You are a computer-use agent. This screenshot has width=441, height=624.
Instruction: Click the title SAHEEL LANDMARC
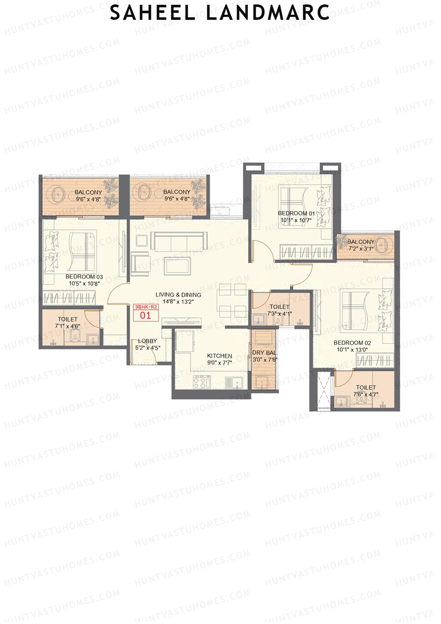click(220, 13)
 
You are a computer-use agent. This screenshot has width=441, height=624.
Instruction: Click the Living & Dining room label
click(178, 295)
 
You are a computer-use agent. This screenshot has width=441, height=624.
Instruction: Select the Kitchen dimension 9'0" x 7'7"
click(219, 363)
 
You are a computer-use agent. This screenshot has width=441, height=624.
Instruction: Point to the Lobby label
click(147, 341)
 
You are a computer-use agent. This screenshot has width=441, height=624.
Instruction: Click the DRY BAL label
click(264, 353)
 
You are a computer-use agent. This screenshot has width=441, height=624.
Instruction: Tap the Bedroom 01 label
click(296, 213)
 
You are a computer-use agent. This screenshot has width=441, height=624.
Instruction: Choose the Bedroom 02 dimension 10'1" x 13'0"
click(352, 350)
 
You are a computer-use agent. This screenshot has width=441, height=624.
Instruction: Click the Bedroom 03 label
click(84, 277)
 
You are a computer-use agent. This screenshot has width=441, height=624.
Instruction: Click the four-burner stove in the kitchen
click(202, 382)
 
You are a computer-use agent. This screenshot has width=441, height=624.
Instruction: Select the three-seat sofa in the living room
click(179, 241)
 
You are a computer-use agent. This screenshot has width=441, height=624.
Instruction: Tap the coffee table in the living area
click(178, 265)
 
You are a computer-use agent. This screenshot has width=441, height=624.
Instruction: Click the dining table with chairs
click(233, 300)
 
